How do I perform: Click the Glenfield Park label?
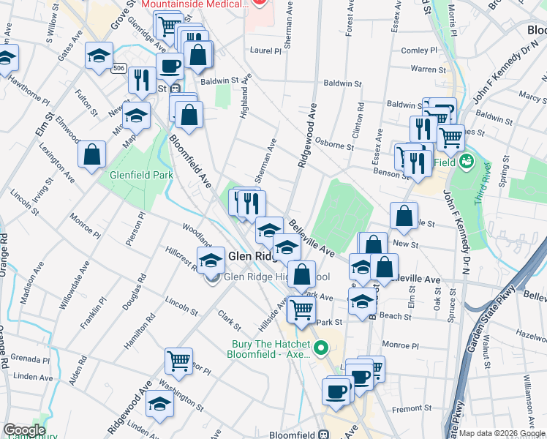(141, 175)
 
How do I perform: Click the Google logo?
(24, 430)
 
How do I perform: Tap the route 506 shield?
(118, 68)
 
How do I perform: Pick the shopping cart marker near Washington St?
(178, 360)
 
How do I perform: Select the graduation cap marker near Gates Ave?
(99, 56)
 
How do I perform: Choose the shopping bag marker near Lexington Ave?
(92, 154)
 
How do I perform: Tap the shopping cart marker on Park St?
(301, 309)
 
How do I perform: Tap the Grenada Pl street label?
(29, 360)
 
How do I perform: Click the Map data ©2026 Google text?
(502, 434)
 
